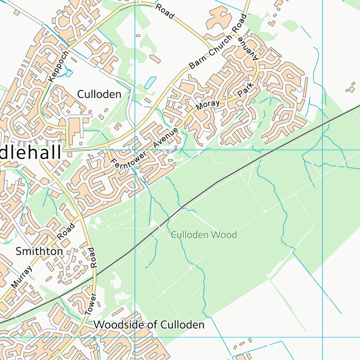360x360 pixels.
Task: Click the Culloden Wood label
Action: click(x=203, y=235)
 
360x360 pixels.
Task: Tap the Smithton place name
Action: click(x=39, y=251)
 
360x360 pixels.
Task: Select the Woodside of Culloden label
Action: click(x=149, y=324)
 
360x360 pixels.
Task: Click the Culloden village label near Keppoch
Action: click(x=99, y=94)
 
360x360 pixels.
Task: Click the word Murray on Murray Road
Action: click(x=22, y=277)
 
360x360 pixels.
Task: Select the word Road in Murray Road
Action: click(x=66, y=232)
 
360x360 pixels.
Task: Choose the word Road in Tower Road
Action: click(x=93, y=257)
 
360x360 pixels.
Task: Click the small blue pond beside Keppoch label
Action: click(x=69, y=73)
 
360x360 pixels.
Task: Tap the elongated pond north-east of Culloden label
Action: click(x=150, y=83)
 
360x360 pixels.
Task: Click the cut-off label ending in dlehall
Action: click(x=30, y=152)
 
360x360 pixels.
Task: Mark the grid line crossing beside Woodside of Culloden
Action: click(x=135, y=337)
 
